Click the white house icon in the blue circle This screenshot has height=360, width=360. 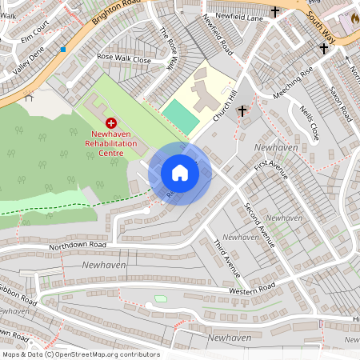(x=180, y=173)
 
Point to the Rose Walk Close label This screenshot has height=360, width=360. (x=123, y=58)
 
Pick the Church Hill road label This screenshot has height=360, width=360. (x=226, y=106)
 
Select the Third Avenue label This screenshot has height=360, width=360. (x=226, y=254)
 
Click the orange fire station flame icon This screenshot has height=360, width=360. (x=355, y=18)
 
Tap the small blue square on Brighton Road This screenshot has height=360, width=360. (x=62, y=49)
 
